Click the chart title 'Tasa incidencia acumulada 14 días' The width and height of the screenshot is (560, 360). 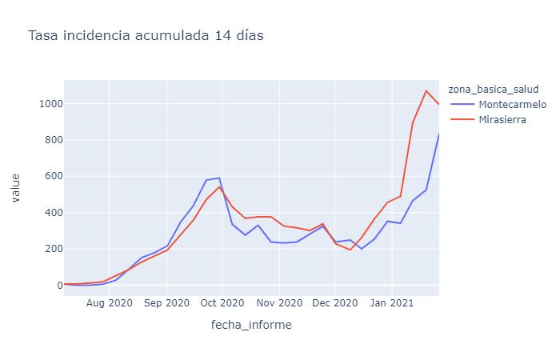[146, 35]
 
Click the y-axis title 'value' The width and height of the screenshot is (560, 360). [16, 189]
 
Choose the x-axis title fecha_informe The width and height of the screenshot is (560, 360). [251, 325]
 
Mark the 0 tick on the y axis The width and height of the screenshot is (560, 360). [55, 285]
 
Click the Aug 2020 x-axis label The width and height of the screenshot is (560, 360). [110, 303]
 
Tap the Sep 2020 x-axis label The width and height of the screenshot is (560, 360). [166, 303]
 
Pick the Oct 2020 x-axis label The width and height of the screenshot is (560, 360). [222, 303]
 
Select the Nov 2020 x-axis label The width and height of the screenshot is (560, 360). [279, 303]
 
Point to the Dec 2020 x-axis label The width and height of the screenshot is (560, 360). [334, 303]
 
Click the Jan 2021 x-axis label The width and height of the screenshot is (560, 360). [391, 303]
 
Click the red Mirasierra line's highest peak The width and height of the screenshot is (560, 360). [426, 90]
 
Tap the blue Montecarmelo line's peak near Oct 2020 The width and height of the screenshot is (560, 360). [219, 178]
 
